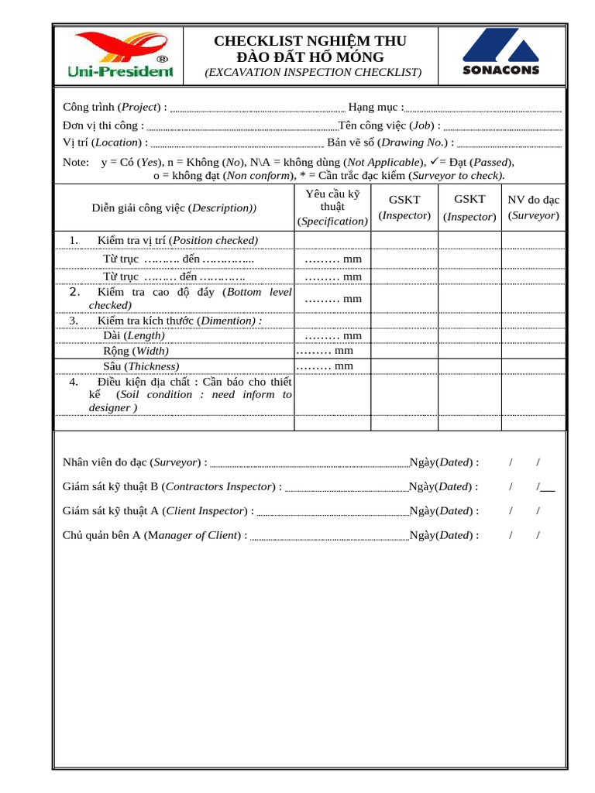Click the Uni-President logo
[x=121, y=54]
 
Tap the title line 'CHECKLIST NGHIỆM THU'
[x=310, y=41]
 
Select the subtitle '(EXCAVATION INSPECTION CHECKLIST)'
[x=313, y=72]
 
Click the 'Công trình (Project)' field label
[x=115, y=107]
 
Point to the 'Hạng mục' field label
[x=376, y=107]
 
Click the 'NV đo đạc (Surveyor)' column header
[x=533, y=208]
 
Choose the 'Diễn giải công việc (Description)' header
[x=174, y=208]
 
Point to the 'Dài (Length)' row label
[x=134, y=335]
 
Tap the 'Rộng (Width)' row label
[x=136, y=351]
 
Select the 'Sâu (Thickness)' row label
[x=141, y=366]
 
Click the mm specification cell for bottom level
[x=333, y=298]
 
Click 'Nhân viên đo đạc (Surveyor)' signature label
[x=135, y=462]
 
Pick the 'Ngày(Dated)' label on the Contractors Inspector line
[x=443, y=486]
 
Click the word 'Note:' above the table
[x=76, y=163]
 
